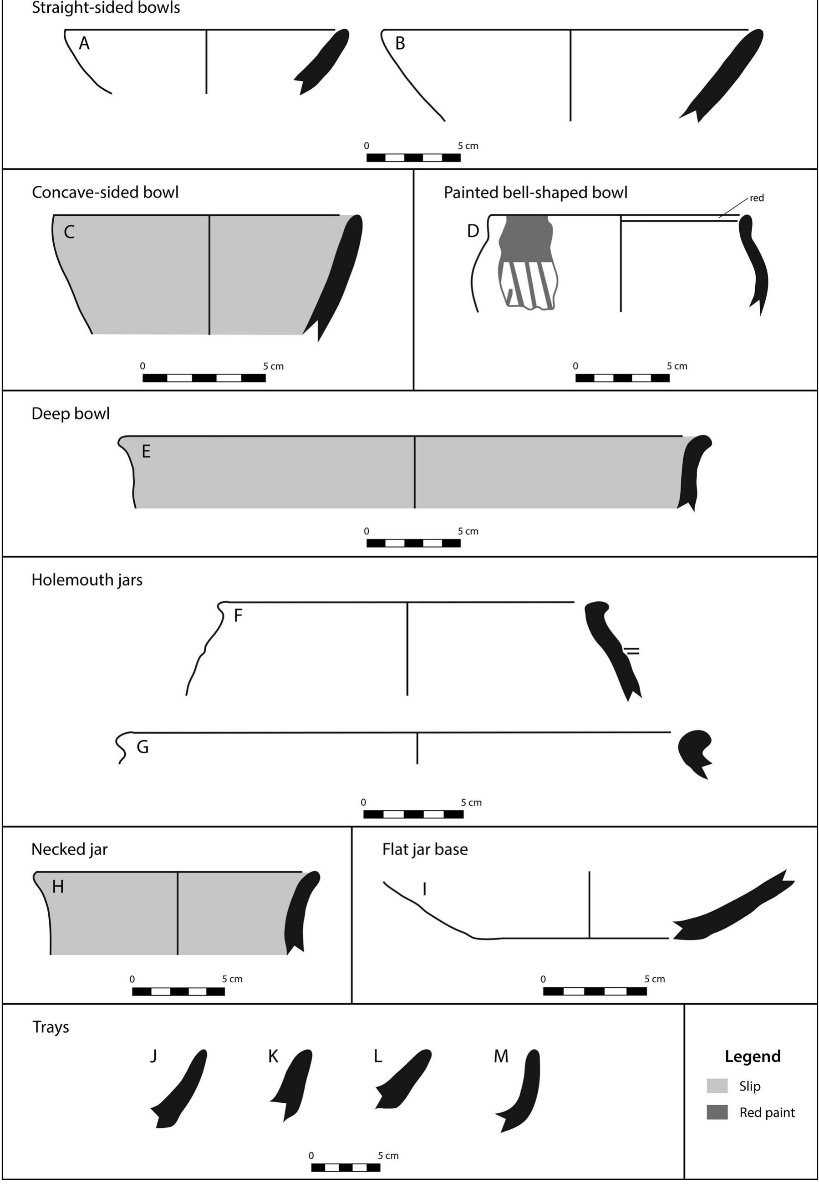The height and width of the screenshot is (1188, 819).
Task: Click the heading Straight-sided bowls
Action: [x=106, y=8]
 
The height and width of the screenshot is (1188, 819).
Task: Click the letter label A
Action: [x=84, y=44]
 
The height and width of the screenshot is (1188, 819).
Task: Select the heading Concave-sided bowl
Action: [x=105, y=193]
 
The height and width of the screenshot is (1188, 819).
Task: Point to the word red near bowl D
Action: [x=756, y=198]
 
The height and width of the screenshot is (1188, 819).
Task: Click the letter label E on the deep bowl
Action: [x=146, y=452]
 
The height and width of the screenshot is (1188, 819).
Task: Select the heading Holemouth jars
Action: [x=86, y=580]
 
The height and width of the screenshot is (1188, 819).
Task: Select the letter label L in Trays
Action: [x=378, y=1057]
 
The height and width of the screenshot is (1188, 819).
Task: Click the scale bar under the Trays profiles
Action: [x=346, y=1168]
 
